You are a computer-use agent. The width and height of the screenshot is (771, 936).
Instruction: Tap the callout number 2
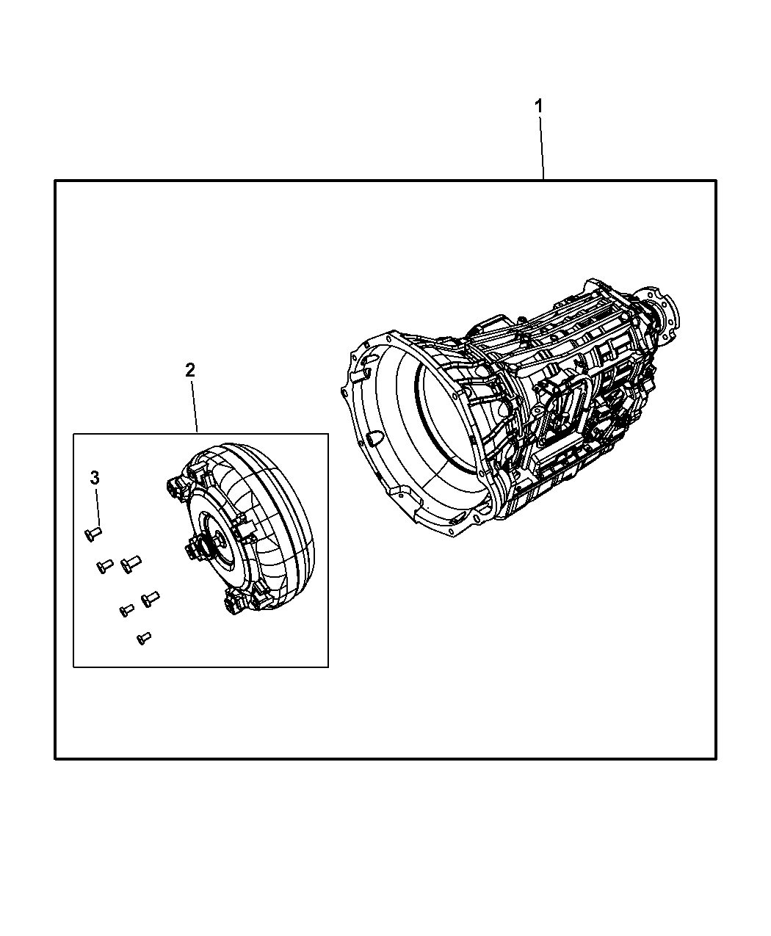(190, 370)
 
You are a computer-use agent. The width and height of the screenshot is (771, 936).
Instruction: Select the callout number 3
(94, 478)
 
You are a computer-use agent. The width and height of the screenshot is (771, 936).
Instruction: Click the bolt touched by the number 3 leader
(93, 532)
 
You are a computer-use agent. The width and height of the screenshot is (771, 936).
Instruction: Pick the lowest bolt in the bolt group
(144, 639)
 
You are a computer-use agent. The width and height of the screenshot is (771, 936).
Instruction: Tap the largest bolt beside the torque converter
(130, 564)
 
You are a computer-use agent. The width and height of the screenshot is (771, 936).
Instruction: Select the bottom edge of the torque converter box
(200, 667)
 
